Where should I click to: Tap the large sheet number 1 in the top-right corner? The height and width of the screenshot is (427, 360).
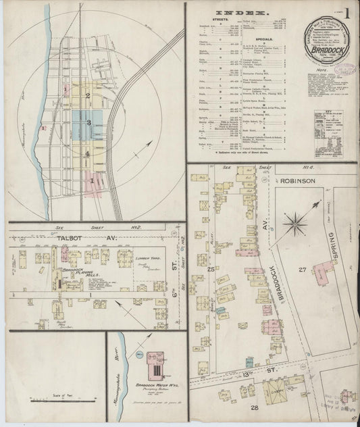pos(346,14)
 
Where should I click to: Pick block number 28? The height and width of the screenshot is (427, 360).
pos(255,409)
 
